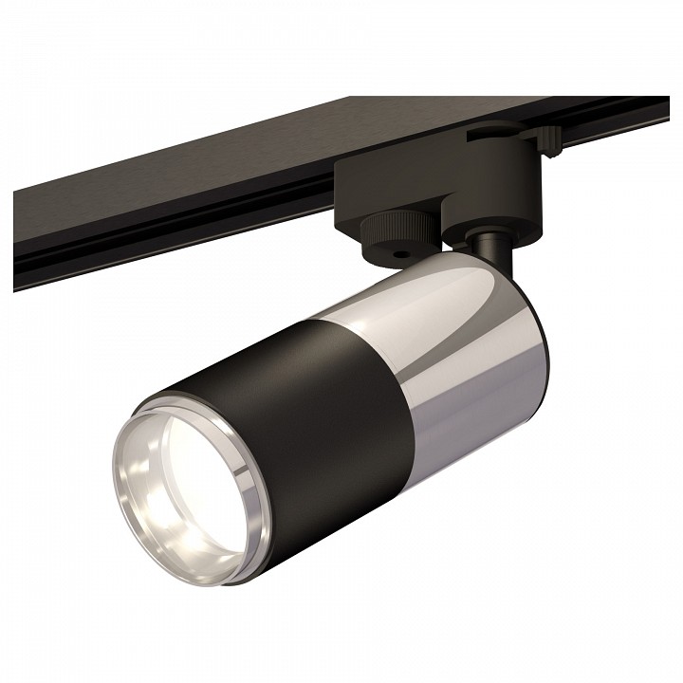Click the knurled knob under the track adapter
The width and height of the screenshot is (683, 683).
click(388, 228)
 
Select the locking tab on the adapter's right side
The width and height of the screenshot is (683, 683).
click(548, 139)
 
